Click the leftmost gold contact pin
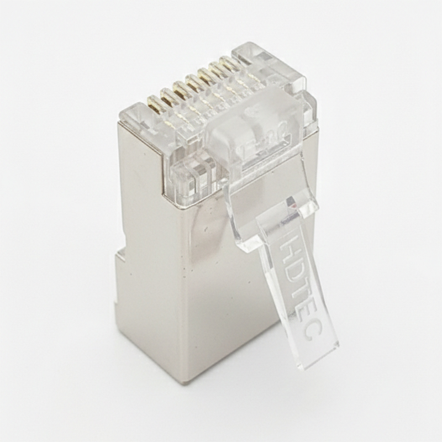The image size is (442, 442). (x=155, y=104)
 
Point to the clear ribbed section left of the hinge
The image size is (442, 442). (x=191, y=174)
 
